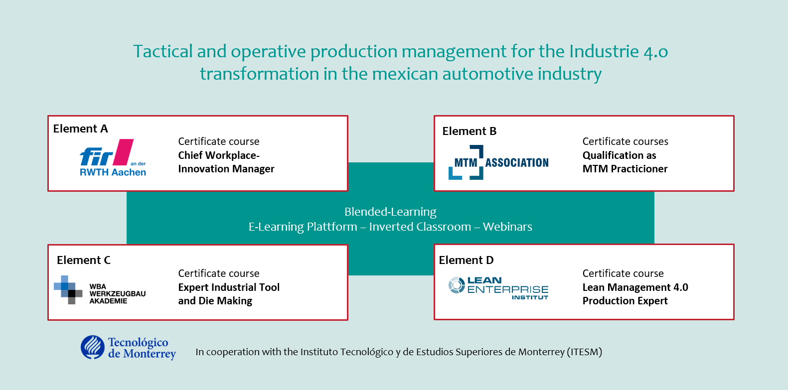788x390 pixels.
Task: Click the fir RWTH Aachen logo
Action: (113, 157)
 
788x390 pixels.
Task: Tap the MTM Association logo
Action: (498, 162)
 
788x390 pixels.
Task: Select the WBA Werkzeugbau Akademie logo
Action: (100, 290)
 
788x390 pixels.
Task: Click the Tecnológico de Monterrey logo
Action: (128, 348)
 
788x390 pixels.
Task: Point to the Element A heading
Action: (81, 129)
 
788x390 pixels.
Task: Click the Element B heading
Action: (470, 131)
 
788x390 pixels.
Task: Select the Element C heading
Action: (84, 260)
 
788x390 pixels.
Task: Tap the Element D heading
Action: (466, 260)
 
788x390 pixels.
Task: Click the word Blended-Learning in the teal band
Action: (390, 212)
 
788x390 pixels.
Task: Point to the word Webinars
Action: (507, 227)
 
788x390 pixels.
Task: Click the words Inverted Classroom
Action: (420, 227)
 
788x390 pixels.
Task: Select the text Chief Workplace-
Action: (219, 155)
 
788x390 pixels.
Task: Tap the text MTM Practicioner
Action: (625, 169)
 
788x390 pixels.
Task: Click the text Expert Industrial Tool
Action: (229, 287)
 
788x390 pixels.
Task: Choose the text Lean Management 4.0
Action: (635, 287)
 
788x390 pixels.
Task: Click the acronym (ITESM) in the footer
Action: (584, 352)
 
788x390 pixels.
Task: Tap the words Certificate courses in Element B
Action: (625, 141)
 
